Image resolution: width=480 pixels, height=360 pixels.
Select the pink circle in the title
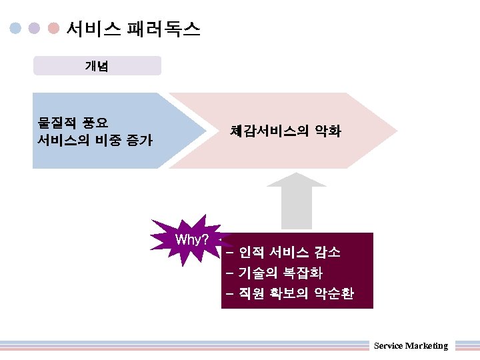pyautogui.click(x=55, y=29)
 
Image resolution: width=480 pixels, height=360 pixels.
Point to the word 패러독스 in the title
pyautogui.click(x=164, y=29)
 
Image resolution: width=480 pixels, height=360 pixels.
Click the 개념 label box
pyautogui.click(x=97, y=66)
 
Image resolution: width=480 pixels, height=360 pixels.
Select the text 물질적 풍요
pyautogui.click(x=73, y=122)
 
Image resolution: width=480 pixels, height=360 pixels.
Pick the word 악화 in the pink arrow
pyautogui.click(x=327, y=131)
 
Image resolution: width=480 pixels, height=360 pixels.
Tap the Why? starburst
pyautogui.click(x=192, y=239)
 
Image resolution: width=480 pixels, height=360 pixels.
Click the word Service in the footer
pyautogui.click(x=387, y=345)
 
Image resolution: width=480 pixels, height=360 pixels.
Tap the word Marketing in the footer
pyautogui.click(x=426, y=345)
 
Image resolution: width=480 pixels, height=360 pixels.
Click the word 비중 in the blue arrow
pyautogui.click(x=110, y=140)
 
